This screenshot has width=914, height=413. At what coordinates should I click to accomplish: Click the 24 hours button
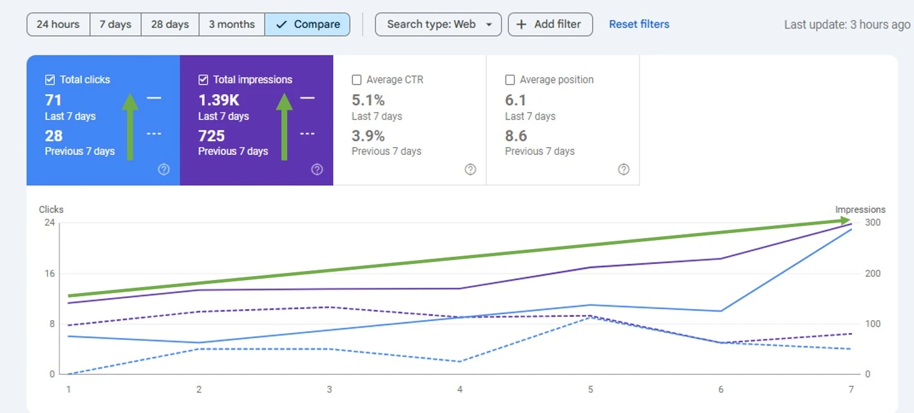58,25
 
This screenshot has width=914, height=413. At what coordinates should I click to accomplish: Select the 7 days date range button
115,25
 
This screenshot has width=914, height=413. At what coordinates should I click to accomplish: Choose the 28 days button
170,25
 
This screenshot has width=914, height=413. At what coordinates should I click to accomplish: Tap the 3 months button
232,25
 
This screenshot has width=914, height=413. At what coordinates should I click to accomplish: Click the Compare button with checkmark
307,25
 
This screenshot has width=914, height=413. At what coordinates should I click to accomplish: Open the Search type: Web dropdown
438,25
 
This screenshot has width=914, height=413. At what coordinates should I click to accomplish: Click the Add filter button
550,25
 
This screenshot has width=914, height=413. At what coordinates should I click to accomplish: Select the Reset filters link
639,25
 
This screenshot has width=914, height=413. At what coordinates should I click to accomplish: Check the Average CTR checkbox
357,80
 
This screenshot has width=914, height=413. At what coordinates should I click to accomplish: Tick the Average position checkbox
510,80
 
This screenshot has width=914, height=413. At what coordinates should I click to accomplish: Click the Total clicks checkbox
50,80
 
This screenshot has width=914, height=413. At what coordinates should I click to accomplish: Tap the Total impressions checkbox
203,80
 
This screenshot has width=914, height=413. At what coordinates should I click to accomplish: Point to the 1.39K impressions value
219,100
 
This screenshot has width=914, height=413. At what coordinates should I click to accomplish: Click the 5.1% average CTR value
368,100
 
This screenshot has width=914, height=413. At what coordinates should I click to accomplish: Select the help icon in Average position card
624,170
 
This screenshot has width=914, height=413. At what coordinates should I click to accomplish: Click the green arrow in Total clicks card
130,126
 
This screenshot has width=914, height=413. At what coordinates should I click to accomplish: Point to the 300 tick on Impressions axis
873,223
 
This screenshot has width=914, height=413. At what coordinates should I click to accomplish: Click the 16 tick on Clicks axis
49,274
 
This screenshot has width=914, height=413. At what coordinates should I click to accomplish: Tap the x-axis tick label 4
460,390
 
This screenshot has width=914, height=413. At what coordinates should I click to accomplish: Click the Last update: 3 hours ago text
847,25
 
